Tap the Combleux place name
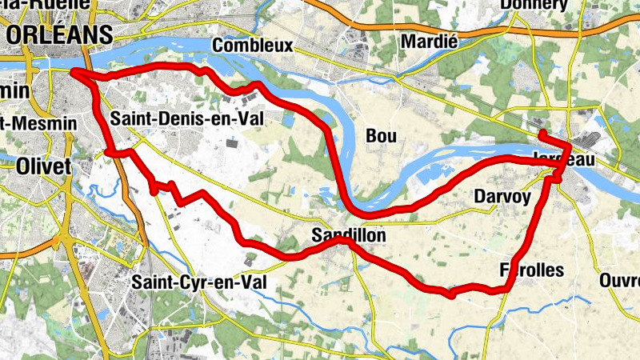[252, 46]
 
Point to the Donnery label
[533, 6]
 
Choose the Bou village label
[381, 137]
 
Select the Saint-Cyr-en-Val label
[197, 282]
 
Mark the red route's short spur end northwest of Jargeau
[542, 132]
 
